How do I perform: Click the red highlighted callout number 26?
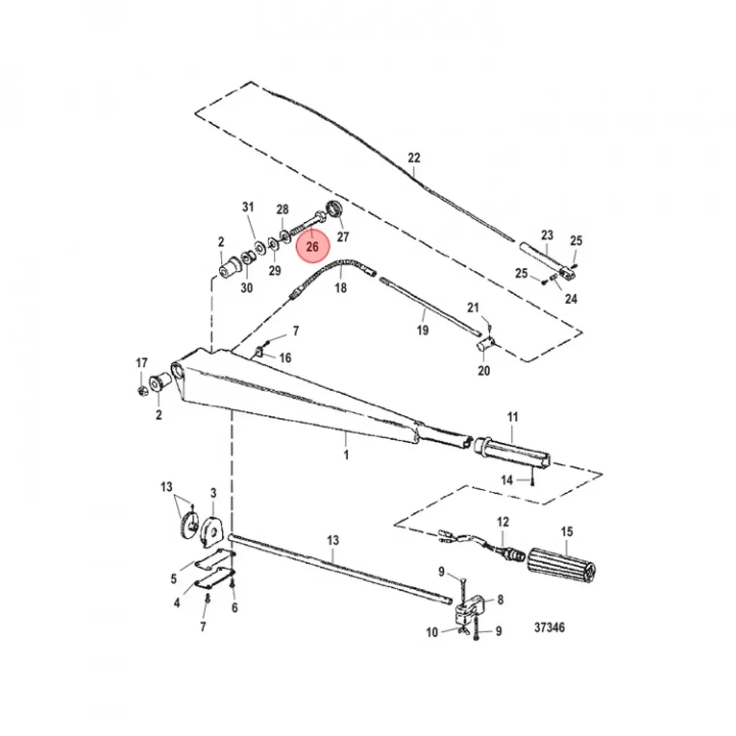click(313, 247)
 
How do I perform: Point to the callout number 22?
click(414, 158)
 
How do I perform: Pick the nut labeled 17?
click(140, 390)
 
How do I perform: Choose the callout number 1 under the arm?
click(346, 455)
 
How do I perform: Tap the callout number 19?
click(423, 331)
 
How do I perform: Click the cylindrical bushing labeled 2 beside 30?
click(231, 267)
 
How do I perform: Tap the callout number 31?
click(248, 207)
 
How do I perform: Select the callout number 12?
click(503, 522)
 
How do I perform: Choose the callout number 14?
click(507, 480)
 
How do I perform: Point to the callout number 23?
click(547, 234)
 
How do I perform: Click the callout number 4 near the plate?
click(177, 603)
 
